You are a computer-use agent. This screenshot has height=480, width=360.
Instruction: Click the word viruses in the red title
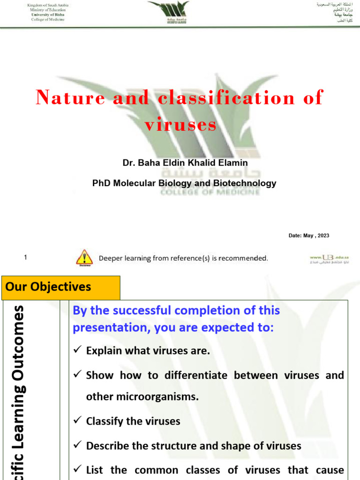click(180, 125)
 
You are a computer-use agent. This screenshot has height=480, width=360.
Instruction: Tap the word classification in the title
click(226, 97)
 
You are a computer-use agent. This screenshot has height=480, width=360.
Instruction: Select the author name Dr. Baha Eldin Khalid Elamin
click(185, 163)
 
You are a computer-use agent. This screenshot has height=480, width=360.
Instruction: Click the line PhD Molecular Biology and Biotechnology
click(184, 183)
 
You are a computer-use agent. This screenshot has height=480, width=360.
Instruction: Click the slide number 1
click(25, 257)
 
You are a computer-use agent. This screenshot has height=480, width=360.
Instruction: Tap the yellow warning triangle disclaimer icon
click(84, 257)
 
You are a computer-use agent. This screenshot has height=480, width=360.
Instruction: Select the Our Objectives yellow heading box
click(61, 287)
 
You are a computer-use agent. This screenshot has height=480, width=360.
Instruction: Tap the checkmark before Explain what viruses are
click(78, 351)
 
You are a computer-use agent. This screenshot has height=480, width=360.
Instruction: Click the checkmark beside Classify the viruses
click(78, 421)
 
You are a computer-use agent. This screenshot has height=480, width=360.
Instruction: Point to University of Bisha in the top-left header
click(47, 15)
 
